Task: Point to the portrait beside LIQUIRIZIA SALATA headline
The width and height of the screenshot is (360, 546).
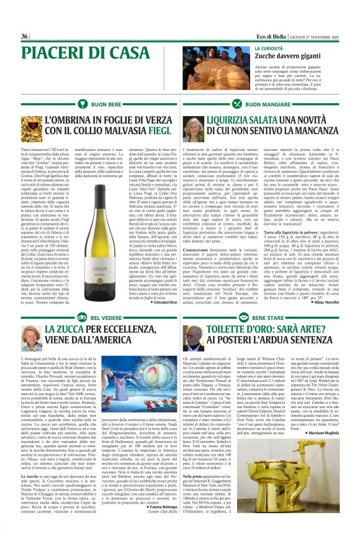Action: (x=193, y=129)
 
